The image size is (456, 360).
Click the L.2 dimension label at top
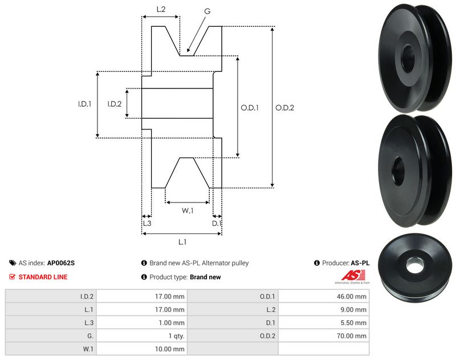coord(161,9)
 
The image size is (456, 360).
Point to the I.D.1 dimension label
coord(85,104)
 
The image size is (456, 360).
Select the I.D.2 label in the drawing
coord(115,104)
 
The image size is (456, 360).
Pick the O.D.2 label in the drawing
coord(284,107)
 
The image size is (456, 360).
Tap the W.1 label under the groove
coord(188,211)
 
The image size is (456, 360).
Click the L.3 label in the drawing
coord(146,224)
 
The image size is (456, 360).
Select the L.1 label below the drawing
coord(182,242)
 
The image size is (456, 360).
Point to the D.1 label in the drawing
coord(217,224)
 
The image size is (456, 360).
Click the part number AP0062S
coord(61,263)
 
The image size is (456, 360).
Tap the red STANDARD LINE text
coord(43,277)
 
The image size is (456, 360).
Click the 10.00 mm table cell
coord(170,349)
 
